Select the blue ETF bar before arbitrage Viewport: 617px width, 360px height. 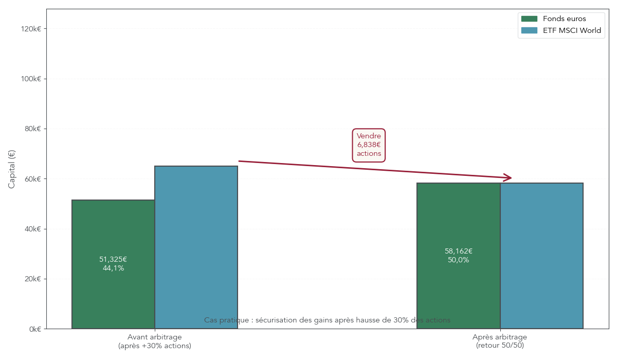pyautogui.click(x=196, y=247)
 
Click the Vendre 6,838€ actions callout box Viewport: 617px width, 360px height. pyautogui.click(x=369, y=145)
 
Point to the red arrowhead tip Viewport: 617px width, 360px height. pyautogui.click(x=511, y=178)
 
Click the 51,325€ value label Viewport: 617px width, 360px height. pyautogui.click(x=113, y=259)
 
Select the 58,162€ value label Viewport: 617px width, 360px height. pyautogui.click(x=458, y=251)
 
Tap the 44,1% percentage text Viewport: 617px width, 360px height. pyautogui.click(x=113, y=268)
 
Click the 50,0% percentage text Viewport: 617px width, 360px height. pyautogui.click(x=458, y=260)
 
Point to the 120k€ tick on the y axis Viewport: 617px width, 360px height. pyautogui.click(x=31, y=29)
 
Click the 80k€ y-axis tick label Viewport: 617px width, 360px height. pyautogui.click(x=32, y=129)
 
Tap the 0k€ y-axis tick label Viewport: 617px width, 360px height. pyautogui.click(x=34, y=329)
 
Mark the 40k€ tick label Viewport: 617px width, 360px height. pyautogui.click(x=32, y=229)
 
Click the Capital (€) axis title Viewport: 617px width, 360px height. pyautogui.click(x=12, y=169)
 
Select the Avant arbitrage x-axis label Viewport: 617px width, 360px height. pyautogui.click(x=154, y=337)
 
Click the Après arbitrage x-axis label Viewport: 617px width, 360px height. pyautogui.click(x=500, y=337)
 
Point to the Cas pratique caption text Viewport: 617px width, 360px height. pyautogui.click(x=327, y=320)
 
